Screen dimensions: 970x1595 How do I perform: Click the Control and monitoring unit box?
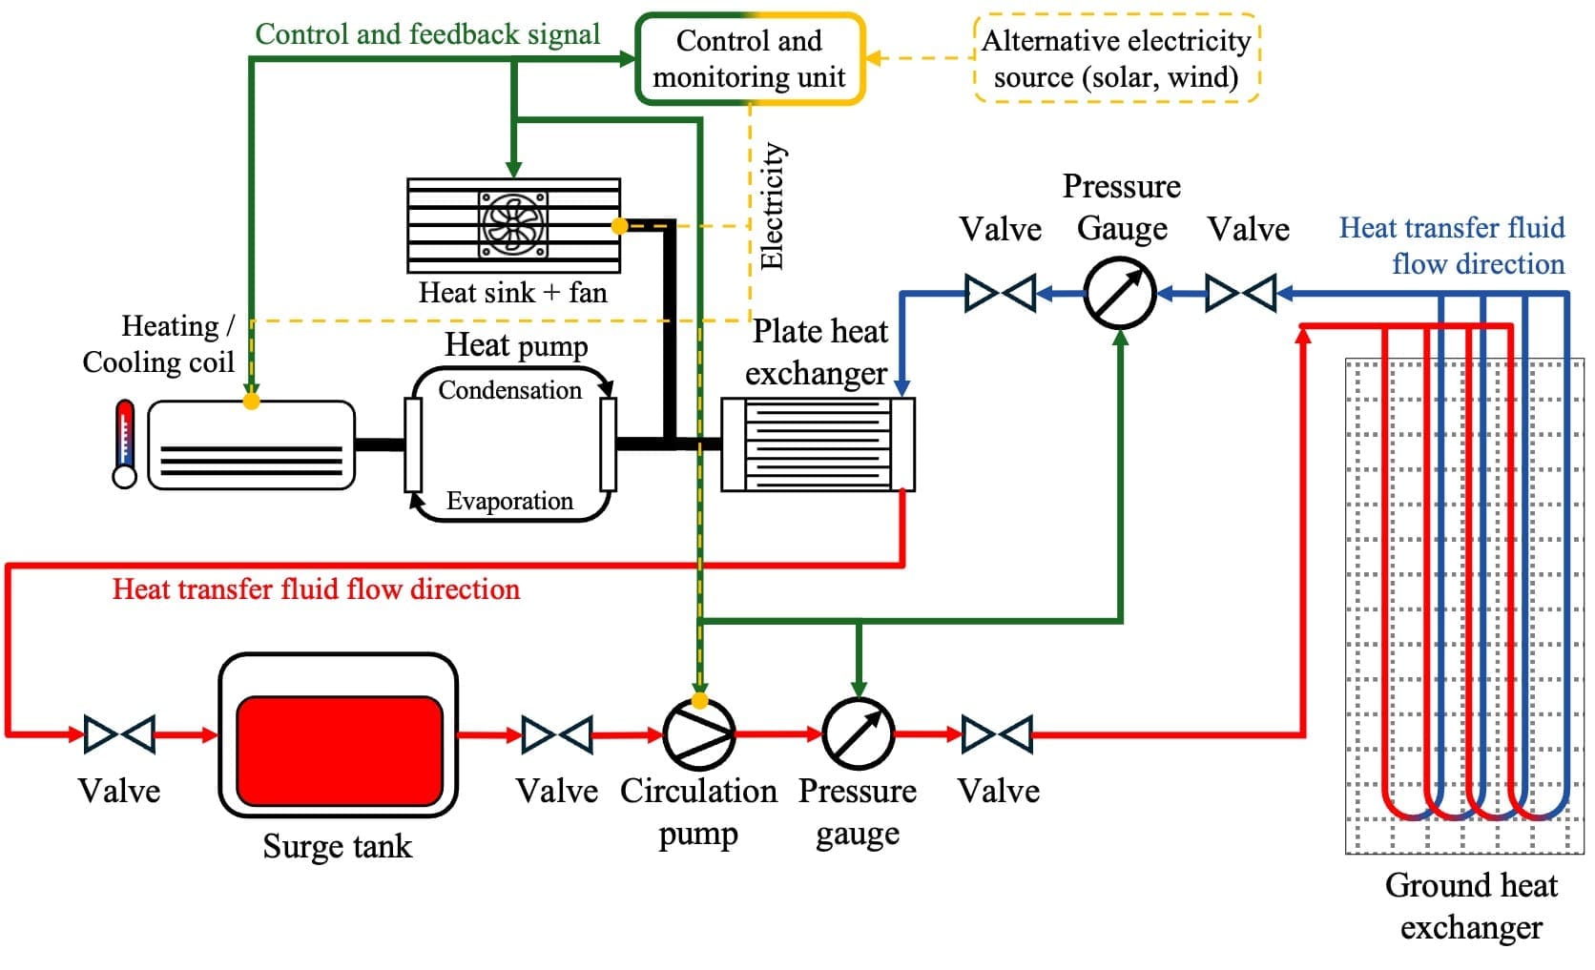[x=750, y=58]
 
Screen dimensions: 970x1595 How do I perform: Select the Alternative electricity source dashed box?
[x=1116, y=58]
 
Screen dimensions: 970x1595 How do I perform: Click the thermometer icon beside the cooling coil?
[x=125, y=444]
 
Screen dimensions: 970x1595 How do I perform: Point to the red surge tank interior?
[x=339, y=751]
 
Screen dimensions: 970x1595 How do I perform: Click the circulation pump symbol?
[x=699, y=734]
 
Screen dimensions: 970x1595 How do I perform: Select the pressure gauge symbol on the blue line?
[x=1120, y=294]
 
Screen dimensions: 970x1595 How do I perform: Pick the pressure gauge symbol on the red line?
[x=858, y=734]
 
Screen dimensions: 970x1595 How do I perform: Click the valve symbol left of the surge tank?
[x=119, y=734]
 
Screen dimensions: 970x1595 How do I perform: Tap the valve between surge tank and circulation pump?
[x=557, y=734]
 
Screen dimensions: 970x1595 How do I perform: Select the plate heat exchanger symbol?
[x=818, y=444]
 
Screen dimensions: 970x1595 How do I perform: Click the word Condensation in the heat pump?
[x=509, y=390]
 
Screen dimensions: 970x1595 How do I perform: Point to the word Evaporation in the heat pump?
[x=509, y=501]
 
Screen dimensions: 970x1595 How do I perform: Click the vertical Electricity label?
[x=772, y=206]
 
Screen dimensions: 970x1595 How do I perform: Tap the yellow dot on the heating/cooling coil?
[x=251, y=401]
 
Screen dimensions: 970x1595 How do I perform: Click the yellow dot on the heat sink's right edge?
[x=620, y=226]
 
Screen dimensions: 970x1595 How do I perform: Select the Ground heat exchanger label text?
[x=1470, y=906]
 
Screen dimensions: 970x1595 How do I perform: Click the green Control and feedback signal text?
[x=427, y=34]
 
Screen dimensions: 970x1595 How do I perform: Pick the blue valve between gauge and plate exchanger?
[x=1000, y=293]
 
